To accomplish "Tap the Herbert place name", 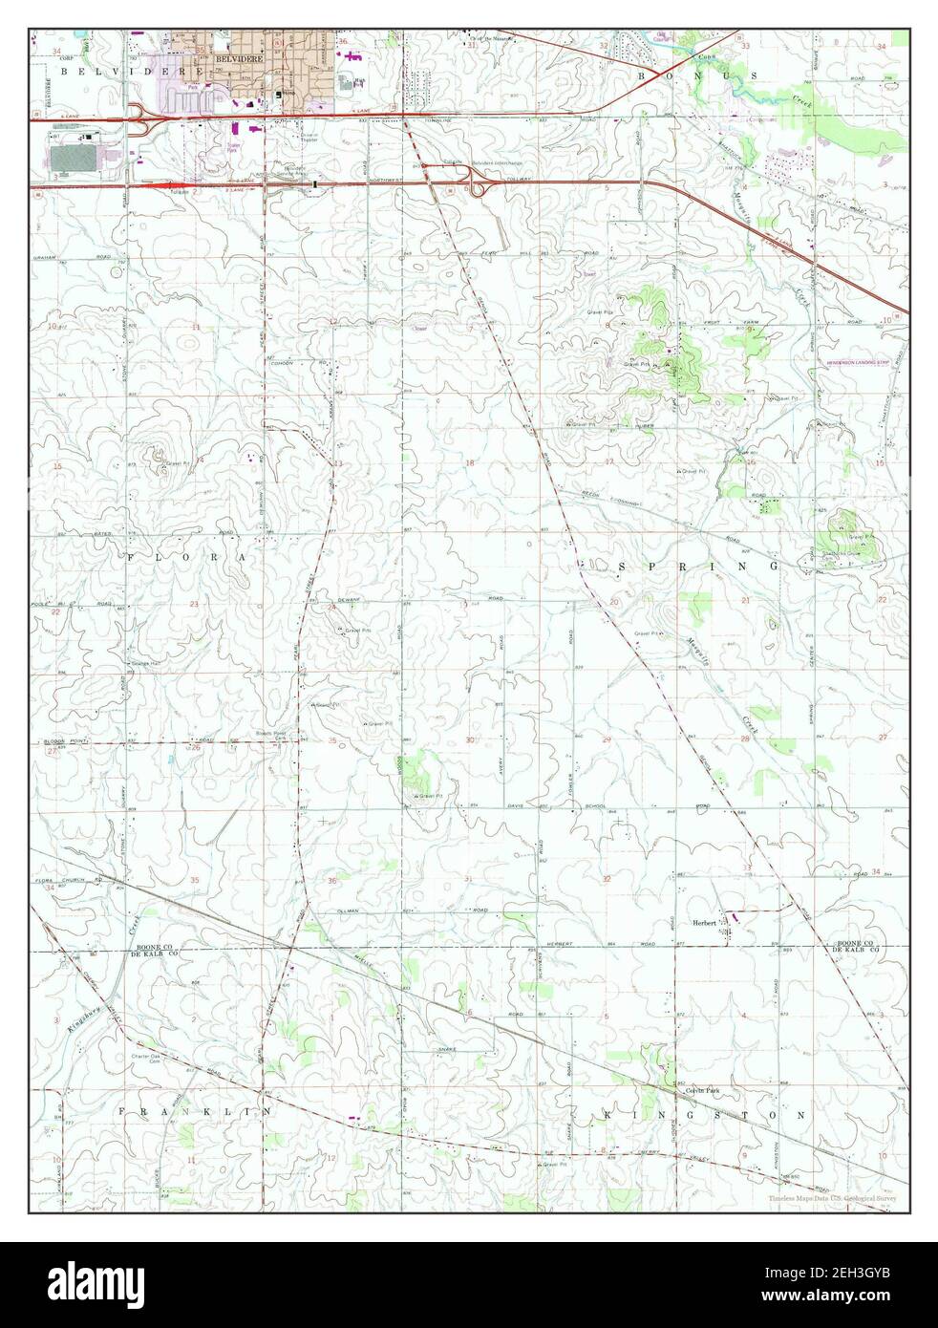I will [705, 923].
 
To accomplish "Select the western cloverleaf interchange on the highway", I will [142, 118].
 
